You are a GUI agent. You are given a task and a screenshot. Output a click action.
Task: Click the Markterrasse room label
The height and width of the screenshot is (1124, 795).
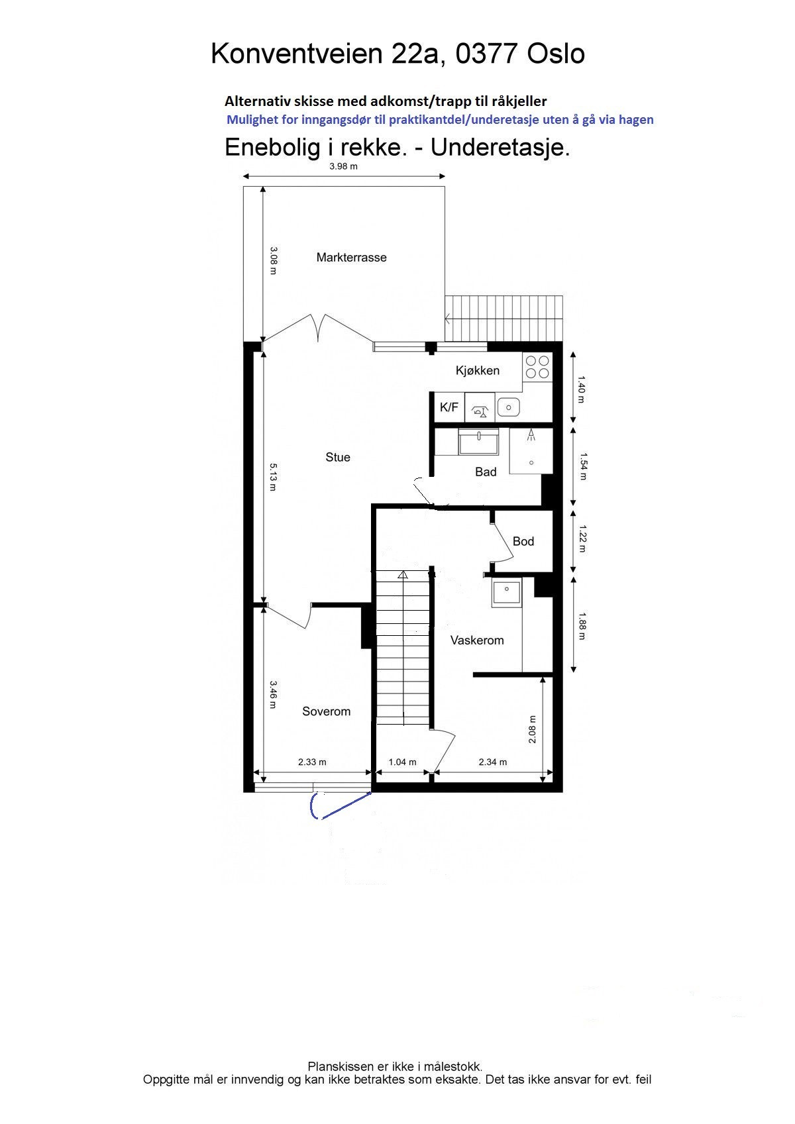pyautogui.click(x=351, y=258)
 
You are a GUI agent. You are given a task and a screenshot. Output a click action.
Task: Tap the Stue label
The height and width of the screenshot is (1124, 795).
pyautogui.click(x=338, y=457)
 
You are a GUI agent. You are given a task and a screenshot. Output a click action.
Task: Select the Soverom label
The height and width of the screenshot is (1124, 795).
pyautogui.click(x=326, y=711)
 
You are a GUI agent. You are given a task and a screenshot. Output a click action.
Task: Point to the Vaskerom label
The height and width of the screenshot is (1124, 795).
pyautogui.click(x=477, y=640)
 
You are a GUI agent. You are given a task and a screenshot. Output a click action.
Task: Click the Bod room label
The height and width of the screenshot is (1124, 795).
pyautogui.click(x=523, y=541)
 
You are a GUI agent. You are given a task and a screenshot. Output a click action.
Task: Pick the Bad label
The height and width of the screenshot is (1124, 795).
pyautogui.click(x=486, y=472)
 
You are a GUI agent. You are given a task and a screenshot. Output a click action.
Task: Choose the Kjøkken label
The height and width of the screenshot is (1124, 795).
pyautogui.click(x=478, y=370)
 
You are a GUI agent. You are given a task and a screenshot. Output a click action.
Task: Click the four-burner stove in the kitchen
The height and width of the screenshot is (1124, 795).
pyautogui.click(x=537, y=367)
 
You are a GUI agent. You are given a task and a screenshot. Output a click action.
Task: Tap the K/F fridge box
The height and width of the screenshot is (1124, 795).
pyautogui.click(x=449, y=407)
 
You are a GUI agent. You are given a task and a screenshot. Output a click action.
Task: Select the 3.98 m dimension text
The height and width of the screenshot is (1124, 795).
pyautogui.click(x=343, y=166)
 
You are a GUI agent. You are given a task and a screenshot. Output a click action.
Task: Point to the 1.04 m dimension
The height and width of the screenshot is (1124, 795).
pyautogui.click(x=402, y=762)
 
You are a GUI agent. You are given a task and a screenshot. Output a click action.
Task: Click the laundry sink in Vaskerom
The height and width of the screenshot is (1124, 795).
pyautogui.click(x=507, y=591)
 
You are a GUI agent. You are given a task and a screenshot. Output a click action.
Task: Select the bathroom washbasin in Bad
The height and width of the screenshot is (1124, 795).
pyautogui.click(x=479, y=442)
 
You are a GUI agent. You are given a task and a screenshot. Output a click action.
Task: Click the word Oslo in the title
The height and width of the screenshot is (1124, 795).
pyautogui.click(x=555, y=54)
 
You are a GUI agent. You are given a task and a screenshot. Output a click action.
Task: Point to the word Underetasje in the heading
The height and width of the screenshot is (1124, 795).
pyautogui.click(x=500, y=147)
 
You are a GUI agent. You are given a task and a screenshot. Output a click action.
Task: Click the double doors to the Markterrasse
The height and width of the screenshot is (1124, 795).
pyautogui.click(x=318, y=329)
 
